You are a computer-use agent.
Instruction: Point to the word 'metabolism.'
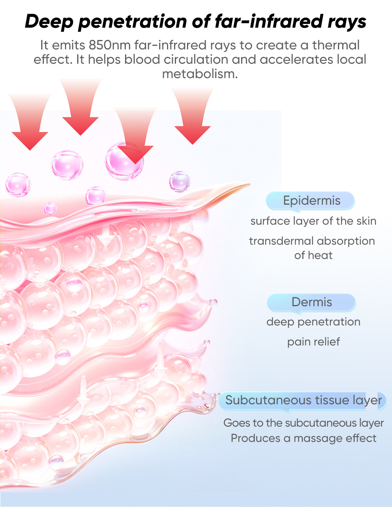click(x=200, y=74)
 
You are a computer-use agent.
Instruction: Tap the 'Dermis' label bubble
click(x=312, y=302)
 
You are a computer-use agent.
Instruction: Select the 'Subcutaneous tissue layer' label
click(x=303, y=400)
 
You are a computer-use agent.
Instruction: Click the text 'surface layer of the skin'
click(x=313, y=221)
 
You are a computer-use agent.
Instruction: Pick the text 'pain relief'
click(x=313, y=342)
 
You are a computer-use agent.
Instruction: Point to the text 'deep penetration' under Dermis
click(x=313, y=322)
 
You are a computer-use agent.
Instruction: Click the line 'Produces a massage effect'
click(x=303, y=438)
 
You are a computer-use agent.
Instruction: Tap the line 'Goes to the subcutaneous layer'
click(x=303, y=423)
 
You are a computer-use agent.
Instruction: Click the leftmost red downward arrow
click(x=30, y=125)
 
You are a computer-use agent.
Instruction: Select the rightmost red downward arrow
click(x=192, y=118)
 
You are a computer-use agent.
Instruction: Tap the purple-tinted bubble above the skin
click(x=180, y=182)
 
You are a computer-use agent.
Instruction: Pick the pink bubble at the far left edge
click(x=18, y=184)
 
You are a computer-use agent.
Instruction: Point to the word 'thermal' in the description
click(x=336, y=45)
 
